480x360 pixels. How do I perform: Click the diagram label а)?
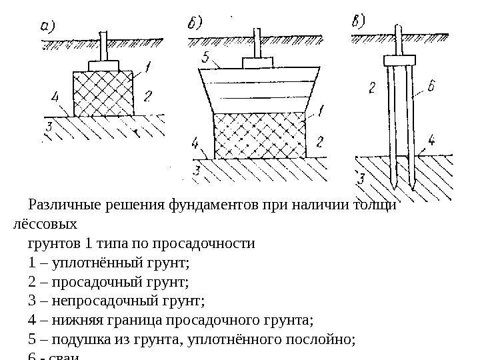click(x=47, y=27)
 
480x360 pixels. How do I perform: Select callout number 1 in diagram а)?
click(x=147, y=67)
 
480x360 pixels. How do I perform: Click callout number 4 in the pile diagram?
click(x=431, y=141)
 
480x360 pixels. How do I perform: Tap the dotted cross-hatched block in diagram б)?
click(x=259, y=136)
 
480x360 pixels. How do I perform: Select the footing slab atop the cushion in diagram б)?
click(x=258, y=62)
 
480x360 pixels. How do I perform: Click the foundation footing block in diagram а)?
click(x=102, y=66)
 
